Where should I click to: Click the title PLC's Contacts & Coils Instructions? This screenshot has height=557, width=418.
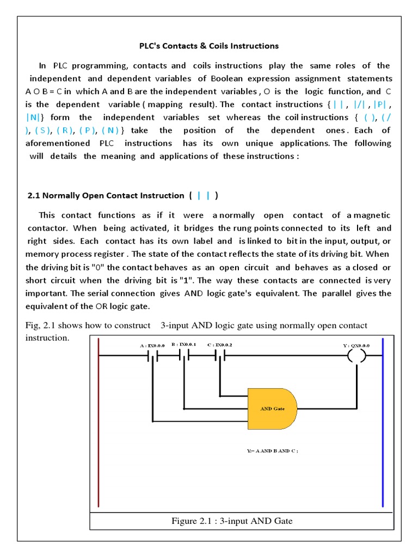coord(207,46)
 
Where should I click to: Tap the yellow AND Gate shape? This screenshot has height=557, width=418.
coord(272,409)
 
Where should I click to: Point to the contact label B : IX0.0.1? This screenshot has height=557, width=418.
coord(183,344)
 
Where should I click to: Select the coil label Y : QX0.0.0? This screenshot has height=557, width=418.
coord(356,345)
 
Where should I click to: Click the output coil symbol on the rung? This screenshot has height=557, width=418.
coord(357,356)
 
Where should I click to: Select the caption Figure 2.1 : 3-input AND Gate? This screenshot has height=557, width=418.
coord(232,521)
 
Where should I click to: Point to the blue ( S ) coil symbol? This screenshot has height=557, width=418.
coord(42,131)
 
